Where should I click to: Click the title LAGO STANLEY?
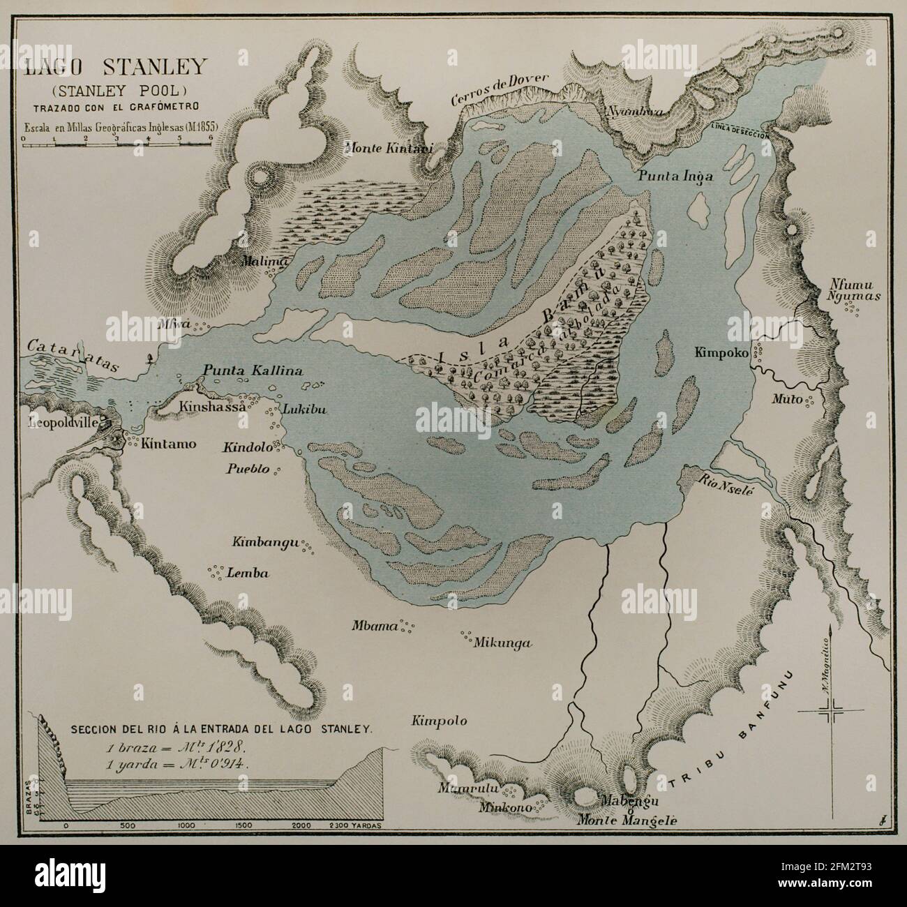115,68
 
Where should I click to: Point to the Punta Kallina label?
253,370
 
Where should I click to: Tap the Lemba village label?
248,574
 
